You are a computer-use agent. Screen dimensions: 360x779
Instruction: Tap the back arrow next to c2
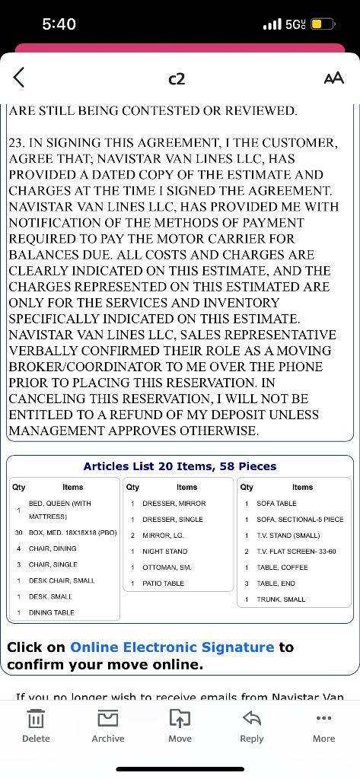pyautogui.click(x=19, y=77)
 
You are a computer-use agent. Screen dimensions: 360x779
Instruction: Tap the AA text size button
pyautogui.click(x=333, y=78)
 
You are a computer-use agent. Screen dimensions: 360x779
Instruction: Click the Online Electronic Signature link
pyautogui.click(x=172, y=647)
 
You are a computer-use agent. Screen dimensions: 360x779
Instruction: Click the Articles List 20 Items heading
pyautogui.click(x=180, y=466)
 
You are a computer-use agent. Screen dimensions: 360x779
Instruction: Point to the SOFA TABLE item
pyautogui.click(x=277, y=504)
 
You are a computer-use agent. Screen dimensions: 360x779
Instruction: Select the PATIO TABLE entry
pyautogui.click(x=163, y=583)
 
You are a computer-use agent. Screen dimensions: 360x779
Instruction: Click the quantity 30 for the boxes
pyautogui.click(x=18, y=533)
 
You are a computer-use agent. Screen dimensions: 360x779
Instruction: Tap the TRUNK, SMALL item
pyautogui.click(x=281, y=599)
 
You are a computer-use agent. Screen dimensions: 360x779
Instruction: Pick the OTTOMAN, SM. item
pyautogui.click(x=167, y=568)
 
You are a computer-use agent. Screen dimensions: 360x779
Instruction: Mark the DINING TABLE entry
pyautogui.click(x=52, y=612)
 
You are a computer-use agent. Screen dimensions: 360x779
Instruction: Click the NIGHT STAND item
pyautogui.click(x=164, y=552)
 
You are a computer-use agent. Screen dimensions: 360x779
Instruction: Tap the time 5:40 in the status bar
pyautogui.click(x=59, y=24)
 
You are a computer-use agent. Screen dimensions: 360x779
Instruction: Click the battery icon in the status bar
pyautogui.click(x=321, y=24)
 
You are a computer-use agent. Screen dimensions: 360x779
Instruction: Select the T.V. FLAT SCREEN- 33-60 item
pyautogui.click(x=296, y=552)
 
